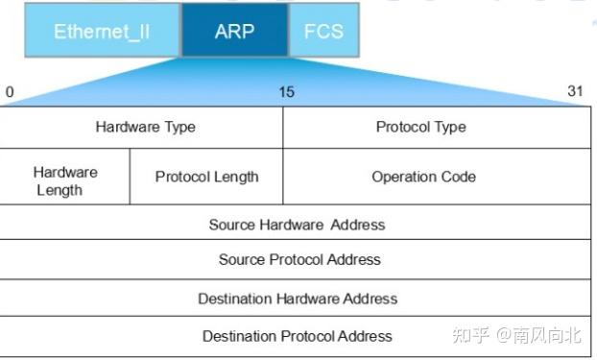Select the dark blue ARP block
[x=234, y=31]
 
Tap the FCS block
[x=323, y=31]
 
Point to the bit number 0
[x=10, y=92]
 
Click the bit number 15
[x=287, y=92]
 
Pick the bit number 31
[x=575, y=92]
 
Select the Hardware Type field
[x=145, y=127]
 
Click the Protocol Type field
[x=420, y=127]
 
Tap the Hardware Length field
[x=65, y=180]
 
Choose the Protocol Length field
[x=206, y=177]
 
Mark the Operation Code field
[x=423, y=177]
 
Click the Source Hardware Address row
[x=297, y=225]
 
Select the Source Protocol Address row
[x=299, y=259]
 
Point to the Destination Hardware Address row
[x=298, y=299]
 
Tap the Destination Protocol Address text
[x=298, y=336]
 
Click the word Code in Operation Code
[x=457, y=177]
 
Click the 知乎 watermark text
[x=470, y=335]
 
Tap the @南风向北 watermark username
[x=546, y=335]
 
